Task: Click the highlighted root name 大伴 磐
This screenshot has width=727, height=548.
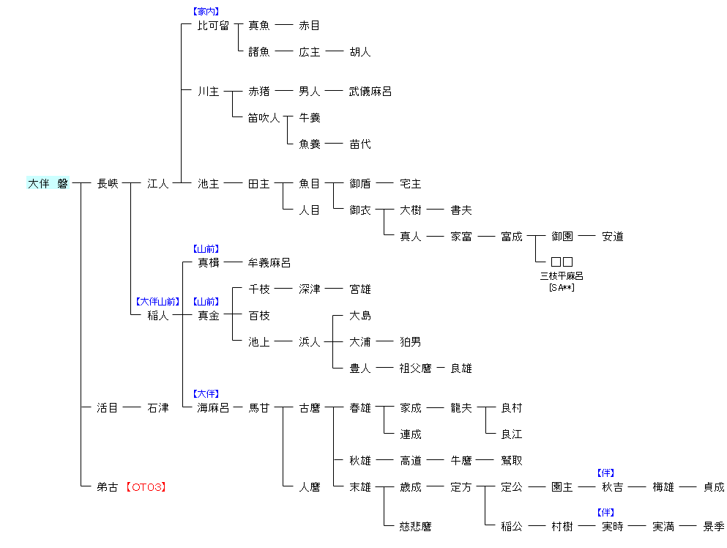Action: [x=48, y=184]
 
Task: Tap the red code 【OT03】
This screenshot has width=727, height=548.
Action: [x=146, y=487]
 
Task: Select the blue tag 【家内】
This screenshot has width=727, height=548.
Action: [x=206, y=12]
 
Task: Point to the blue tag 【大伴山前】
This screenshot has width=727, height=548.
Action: [x=157, y=302]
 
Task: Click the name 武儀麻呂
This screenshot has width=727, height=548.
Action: [x=370, y=92]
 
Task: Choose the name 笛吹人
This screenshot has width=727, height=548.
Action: [x=264, y=118]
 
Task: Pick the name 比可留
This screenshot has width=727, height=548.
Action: [x=213, y=26]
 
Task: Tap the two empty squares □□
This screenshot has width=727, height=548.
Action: [x=562, y=262]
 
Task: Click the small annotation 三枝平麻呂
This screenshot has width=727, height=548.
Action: [x=562, y=276]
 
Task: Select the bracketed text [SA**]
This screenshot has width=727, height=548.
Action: [x=562, y=287]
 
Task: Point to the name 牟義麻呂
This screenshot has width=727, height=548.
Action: [x=269, y=263]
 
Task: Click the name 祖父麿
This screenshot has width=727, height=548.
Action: [x=415, y=369]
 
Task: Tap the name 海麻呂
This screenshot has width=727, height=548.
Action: [x=213, y=408]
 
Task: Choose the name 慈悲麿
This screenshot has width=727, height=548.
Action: [x=415, y=527]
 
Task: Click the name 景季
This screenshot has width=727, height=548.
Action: [x=714, y=527]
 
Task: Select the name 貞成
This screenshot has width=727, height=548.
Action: [x=714, y=487]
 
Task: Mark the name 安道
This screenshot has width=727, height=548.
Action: [x=613, y=237]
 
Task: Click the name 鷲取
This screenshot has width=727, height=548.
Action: [x=512, y=461]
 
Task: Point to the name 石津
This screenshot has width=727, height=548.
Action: [x=157, y=408]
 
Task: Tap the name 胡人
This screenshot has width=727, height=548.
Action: [x=360, y=52]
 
